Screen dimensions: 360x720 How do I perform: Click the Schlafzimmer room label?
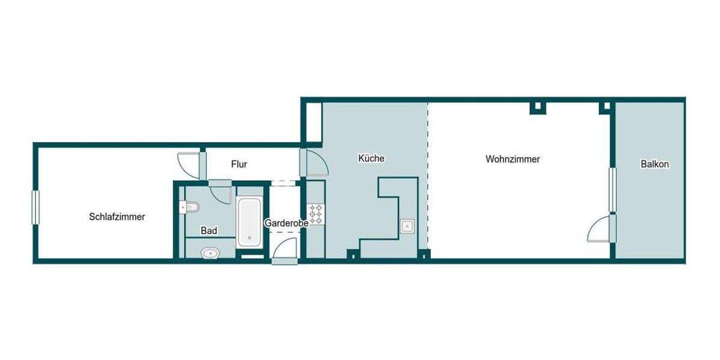[117, 217]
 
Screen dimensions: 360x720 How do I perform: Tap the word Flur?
[239, 164]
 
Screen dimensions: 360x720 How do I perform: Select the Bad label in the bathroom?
[209, 230]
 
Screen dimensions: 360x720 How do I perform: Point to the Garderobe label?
[286, 223]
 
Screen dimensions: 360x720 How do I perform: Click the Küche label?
[371, 159]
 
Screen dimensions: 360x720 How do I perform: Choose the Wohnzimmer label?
[512, 160]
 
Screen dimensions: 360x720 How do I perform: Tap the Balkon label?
[654, 164]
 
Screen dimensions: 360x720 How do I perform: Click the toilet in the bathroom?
[190, 208]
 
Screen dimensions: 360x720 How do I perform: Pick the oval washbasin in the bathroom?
[209, 253]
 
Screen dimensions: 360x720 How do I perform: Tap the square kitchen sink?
[407, 227]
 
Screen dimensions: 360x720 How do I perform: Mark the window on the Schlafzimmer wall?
[35, 208]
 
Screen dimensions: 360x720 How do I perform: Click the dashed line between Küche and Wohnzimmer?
[428, 174]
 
